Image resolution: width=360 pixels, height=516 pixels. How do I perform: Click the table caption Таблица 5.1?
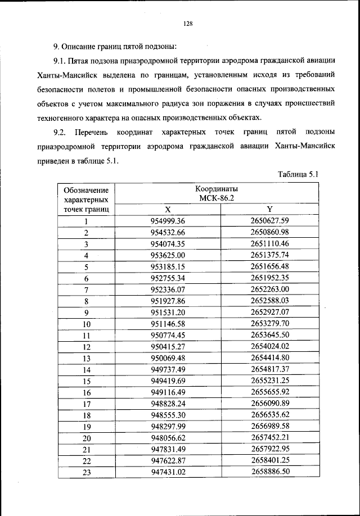pos(298,174)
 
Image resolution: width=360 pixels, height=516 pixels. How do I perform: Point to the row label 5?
pos(87,267)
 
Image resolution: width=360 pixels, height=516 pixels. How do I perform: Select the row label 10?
pos(87,325)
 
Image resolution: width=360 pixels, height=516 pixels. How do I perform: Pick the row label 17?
pos(87,405)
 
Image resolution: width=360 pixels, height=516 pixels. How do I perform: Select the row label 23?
pos(87,473)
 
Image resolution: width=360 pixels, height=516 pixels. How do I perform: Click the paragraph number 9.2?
pos(60,132)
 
